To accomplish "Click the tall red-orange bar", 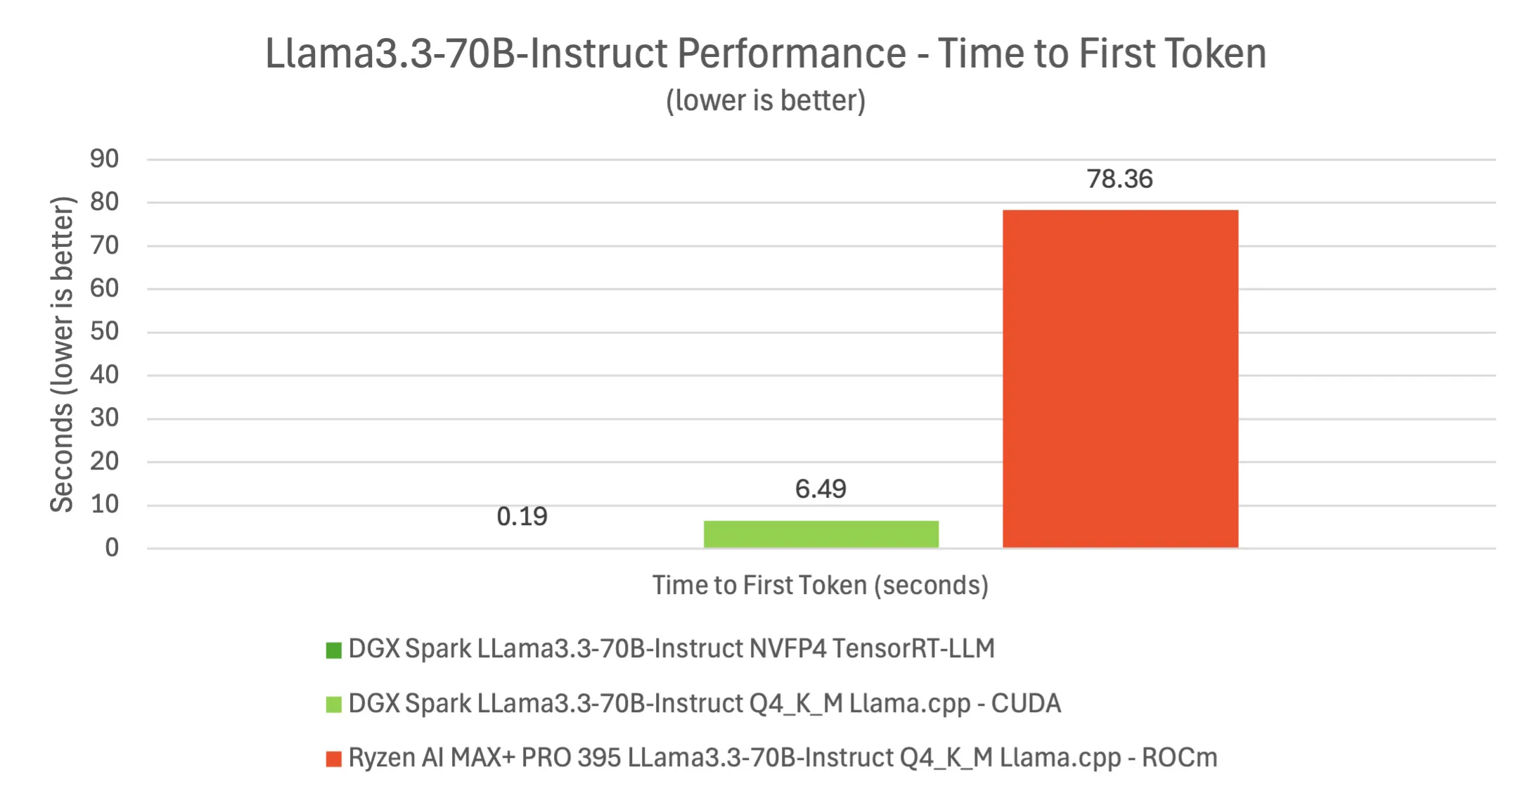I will click(x=1119, y=378).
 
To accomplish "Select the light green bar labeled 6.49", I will click(x=821, y=534).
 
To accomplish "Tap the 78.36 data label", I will click(x=1119, y=179).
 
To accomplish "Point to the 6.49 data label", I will click(x=821, y=489).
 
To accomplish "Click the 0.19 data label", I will click(x=522, y=517).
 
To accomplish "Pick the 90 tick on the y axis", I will click(x=104, y=159).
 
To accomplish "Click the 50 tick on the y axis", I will click(x=104, y=331).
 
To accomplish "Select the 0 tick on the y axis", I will click(x=112, y=548).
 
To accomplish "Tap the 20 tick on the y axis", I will click(x=104, y=461).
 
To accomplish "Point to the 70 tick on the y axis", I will click(x=104, y=245).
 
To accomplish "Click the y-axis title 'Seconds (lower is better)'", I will click(x=62, y=354).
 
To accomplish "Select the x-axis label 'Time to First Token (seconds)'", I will click(x=820, y=586).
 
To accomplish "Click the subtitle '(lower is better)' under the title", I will click(x=766, y=101).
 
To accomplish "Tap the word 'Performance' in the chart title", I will click(x=791, y=53).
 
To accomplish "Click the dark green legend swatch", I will click(x=333, y=650).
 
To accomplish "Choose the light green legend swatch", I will click(x=333, y=704).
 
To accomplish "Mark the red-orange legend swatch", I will click(x=333, y=759).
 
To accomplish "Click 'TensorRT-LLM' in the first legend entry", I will click(x=913, y=648).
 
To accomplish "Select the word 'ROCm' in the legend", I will click(x=1179, y=758).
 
